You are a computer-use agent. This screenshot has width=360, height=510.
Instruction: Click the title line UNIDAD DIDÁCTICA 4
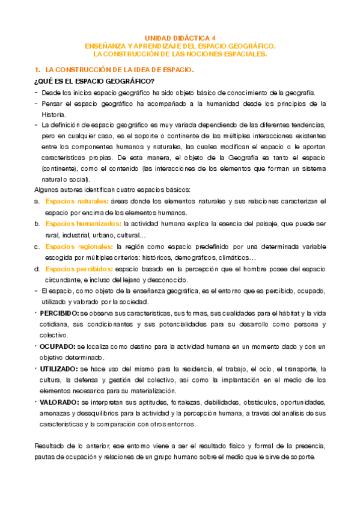(x=180, y=37)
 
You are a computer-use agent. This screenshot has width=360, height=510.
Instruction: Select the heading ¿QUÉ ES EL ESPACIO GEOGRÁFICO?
(x=94, y=81)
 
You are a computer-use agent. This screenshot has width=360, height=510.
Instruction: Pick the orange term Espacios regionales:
(x=79, y=247)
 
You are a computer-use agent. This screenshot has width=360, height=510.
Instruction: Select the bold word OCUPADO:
(x=58, y=346)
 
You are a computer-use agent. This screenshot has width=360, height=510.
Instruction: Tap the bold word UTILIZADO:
(x=61, y=369)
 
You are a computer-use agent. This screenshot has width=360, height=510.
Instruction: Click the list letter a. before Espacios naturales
(x=37, y=201)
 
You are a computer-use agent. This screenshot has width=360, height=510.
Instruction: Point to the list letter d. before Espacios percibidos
(x=37, y=269)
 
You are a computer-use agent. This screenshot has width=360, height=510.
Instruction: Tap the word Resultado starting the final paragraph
(x=50, y=446)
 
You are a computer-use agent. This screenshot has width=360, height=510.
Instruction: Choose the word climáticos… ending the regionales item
(x=231, y=257)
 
